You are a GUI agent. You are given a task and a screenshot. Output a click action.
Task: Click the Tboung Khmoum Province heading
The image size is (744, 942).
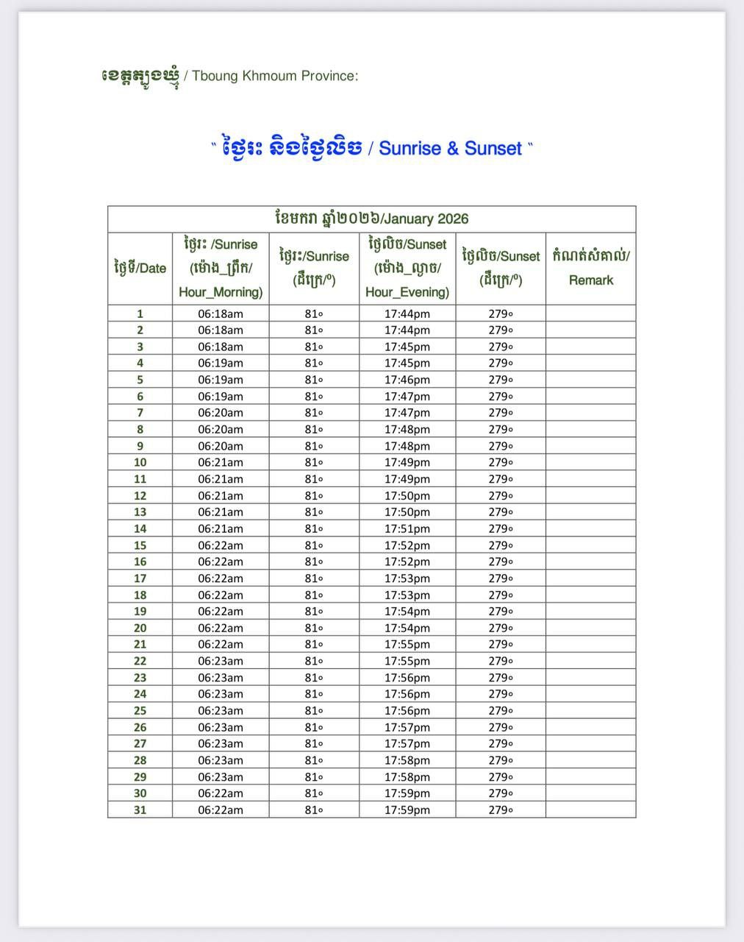pos(229,75)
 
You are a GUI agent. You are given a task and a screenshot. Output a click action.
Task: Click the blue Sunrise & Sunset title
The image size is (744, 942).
pos(371,148)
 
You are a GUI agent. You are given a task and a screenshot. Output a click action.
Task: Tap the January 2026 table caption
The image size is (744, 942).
pos(371,219)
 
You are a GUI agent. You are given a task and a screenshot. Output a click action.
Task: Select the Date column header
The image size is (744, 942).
pos(140,268)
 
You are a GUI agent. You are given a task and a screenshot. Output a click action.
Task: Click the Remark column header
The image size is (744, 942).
pos(590,268)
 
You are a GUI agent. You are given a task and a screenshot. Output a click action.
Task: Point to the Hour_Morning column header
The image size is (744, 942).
pos(220,268)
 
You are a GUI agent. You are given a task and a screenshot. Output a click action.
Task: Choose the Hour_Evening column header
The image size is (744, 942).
pos(407,268)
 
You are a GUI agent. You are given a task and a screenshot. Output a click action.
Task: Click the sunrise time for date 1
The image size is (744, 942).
pos(220,314)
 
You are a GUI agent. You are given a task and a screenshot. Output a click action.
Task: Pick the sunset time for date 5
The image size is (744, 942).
pos(407,380)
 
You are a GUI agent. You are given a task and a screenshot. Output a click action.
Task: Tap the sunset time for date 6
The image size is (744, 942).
pos(407,397)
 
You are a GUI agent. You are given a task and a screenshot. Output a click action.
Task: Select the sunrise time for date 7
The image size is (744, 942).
pos(220,413)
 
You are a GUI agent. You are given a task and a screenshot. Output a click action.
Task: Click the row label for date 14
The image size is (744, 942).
pos(140,528)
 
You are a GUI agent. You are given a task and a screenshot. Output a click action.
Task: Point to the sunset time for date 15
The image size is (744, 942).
pos(407,545)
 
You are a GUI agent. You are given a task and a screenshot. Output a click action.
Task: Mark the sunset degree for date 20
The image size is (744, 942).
pos(500,628)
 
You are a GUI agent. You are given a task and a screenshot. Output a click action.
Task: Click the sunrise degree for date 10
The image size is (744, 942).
pos(314,462)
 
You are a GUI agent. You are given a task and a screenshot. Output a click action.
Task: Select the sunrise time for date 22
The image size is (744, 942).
pos(220,661)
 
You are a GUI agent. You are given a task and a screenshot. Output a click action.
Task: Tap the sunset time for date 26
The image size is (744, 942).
pos(407,727)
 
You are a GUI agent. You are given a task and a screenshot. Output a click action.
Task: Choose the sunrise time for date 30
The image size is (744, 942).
pos(220,793)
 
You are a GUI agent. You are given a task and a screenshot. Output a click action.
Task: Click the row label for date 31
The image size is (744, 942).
pos(140,810)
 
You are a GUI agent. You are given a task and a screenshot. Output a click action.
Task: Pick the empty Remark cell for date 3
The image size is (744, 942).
pos(590,347)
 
